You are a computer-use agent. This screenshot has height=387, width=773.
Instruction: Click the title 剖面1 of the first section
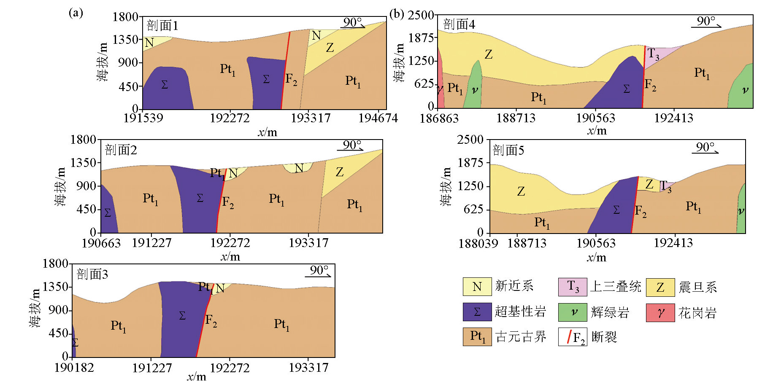coord(162,26)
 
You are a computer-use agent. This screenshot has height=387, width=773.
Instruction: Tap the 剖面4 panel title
coord(459,24)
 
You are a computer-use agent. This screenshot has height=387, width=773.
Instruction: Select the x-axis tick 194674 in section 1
coord(378,118)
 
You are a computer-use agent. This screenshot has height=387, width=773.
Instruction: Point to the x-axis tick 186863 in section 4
coord(439,118)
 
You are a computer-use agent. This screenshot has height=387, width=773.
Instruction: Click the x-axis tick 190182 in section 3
coord(74,368)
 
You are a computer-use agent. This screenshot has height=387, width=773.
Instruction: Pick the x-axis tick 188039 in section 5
coord(478,243)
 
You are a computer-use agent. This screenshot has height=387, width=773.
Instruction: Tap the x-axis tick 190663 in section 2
coord(101,243)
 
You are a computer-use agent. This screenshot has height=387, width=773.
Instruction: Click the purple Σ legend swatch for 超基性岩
coord(477,312)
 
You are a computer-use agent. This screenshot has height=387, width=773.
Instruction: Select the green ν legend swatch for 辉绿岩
coord(573,312)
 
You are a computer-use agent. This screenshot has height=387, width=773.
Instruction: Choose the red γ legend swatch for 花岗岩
coord(660,312)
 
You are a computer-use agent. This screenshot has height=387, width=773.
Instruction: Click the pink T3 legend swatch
coord(573,287)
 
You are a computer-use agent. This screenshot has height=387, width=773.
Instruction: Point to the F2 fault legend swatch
coord(573,337)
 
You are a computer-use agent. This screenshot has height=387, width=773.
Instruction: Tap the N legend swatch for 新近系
coord(477,287)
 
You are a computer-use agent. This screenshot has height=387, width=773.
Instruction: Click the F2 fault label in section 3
coord(211,320)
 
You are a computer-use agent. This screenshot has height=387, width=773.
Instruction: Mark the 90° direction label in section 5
coord(705,147)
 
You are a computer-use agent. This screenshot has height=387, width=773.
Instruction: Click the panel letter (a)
coord(76,13)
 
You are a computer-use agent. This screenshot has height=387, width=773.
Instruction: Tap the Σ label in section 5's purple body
coord(616,210)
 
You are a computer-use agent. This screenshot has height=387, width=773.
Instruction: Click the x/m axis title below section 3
coord(197,376)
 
